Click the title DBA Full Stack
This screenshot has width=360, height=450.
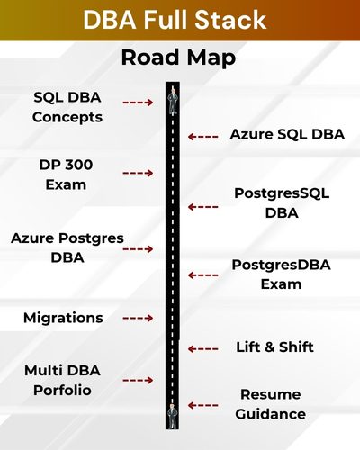point(180,21)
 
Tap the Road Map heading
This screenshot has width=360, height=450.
point(179,59)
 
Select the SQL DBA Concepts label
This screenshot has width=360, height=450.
point(67,107)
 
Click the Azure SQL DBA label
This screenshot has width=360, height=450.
point(286,135)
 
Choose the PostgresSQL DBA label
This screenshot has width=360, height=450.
point(278,203)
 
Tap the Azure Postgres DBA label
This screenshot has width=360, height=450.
point(67,248)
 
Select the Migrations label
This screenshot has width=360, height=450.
point(63,318)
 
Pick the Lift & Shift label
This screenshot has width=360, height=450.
point(274,347)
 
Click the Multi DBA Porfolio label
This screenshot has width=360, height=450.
point(63,381)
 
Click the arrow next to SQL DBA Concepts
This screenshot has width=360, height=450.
point(138,103)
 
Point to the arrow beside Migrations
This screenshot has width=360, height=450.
point(138,318)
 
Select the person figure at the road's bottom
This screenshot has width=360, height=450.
point(171,415)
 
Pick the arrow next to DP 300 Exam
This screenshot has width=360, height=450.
point(138,172)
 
